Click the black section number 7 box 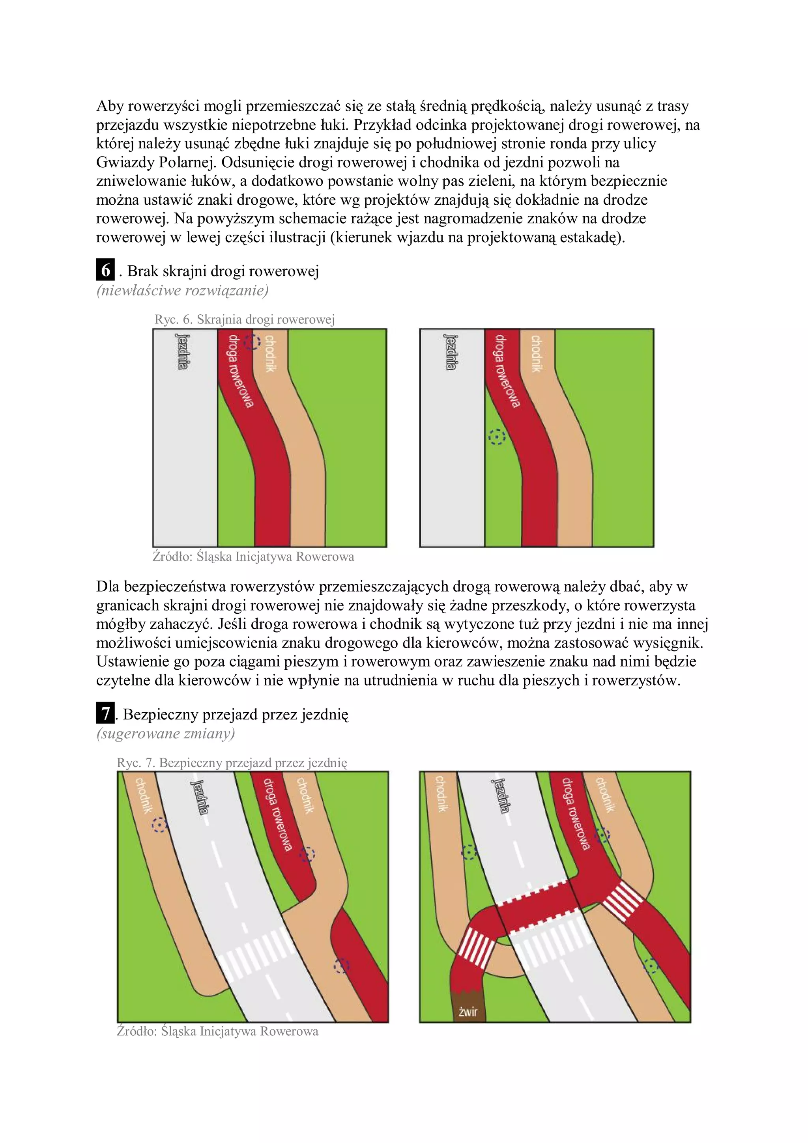pyautogui.click(x=105, y=714)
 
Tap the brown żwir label pyautogui.click(x=468, y=1011)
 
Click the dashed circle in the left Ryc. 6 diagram pyautogui.click(x=252, y=342)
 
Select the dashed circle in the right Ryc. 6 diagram pyautogui.click(x=496, y=437)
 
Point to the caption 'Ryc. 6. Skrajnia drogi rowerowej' pyautogui.click(x=245, y=319)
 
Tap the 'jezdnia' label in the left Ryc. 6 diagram pyautogui.click(x=183, y=351)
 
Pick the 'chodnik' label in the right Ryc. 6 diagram pyautogui.click(x=536, y=353)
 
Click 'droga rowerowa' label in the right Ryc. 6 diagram pyautogui.click(x=507, y=370)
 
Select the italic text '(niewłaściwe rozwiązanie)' pyautogui.click(x=182, y=290)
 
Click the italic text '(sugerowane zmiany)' pyautogui.click(x=165, y=733)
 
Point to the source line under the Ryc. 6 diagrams pyautogui.click(x=253, y=556)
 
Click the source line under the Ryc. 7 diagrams pyautogui.click(x=217, y=1031)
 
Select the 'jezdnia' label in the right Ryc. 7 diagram pyautogui.click(x=501, y=796)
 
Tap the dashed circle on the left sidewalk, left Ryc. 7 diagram pyautogui.click(x=159, y=825)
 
